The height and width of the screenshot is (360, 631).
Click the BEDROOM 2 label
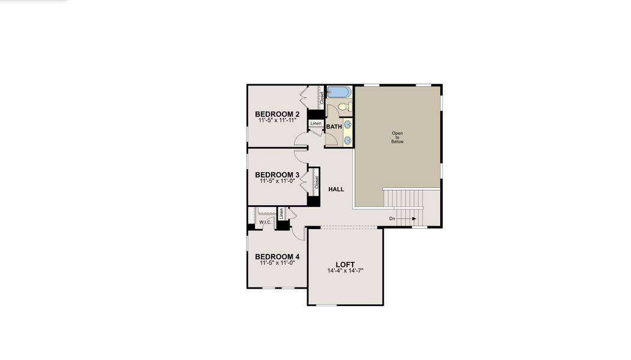click(277, 114)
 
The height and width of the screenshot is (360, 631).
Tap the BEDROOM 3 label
click(277, 175)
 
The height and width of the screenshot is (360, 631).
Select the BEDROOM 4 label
click(277, 257)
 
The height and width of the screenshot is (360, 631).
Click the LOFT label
click(345, 265)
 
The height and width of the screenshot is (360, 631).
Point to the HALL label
click(336, 189)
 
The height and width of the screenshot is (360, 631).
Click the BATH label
click(334, 127)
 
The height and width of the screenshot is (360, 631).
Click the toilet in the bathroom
click(344, 107)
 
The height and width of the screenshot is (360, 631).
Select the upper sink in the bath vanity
click(348, 125)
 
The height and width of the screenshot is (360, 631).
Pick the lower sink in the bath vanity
click(348, 141)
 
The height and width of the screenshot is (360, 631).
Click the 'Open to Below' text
click(398, 137)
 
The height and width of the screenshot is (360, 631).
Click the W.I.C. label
click(266, 223)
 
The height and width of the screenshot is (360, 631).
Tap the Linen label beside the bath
click(316, 124)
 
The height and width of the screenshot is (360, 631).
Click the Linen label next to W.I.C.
click(281, 213)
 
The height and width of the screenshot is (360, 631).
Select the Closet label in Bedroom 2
click(321, 98)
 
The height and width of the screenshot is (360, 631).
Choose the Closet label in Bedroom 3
click(316, 182)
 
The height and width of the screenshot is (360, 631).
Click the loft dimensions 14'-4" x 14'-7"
click(345, 271)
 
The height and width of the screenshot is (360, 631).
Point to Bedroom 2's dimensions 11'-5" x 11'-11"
click(277, 121)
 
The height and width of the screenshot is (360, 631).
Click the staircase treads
click(403, 198)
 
